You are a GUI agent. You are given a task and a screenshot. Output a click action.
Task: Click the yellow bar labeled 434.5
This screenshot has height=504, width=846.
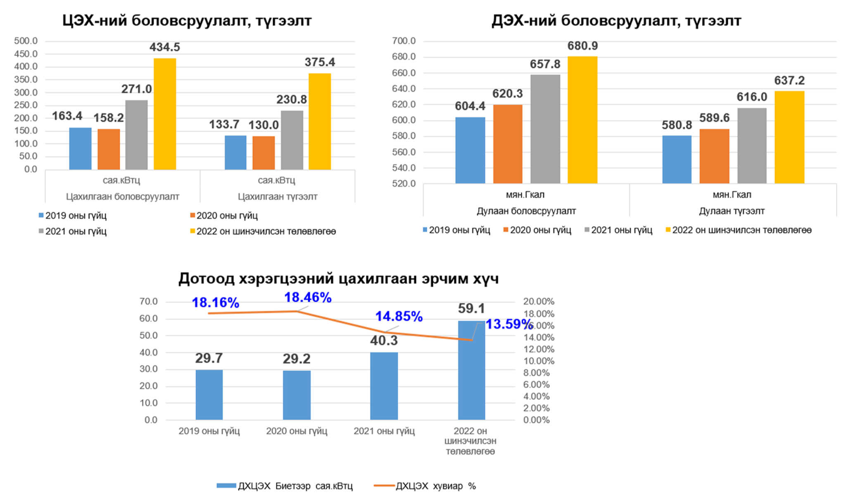[x=165, y=114]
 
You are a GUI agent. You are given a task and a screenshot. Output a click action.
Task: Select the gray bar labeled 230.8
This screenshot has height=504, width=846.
[x=292, y=140]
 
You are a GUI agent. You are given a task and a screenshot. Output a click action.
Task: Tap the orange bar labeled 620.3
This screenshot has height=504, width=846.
[x=508, y=144]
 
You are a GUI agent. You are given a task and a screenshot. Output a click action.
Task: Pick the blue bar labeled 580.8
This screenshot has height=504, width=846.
[x=677, y=159]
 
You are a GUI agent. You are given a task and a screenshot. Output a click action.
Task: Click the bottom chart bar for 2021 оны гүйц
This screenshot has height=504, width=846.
[x=384, y=386]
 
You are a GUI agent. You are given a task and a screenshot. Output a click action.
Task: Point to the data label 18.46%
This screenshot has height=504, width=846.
[x=308, y=298]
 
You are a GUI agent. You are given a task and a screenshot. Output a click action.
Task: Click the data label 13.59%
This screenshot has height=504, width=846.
[x=509, y=324]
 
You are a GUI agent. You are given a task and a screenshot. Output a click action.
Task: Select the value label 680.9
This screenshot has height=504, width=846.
[x=582, y=46]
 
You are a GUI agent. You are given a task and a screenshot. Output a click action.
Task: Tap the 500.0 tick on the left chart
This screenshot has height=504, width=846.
[x=26, y=41]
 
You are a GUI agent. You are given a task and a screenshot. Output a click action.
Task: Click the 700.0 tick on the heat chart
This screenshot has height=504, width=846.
[x=404, y=41]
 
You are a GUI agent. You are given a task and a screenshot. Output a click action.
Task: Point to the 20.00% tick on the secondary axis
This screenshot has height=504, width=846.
[x=539, y=302]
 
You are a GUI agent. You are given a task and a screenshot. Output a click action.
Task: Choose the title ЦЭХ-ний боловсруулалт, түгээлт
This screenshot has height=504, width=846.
[x=187, y=21]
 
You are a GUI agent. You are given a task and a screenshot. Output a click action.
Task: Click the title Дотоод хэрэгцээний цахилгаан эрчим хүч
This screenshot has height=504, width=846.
[x=338, y=279]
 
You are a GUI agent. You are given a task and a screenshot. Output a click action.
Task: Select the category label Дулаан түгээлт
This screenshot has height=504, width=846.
[x=732, y=211]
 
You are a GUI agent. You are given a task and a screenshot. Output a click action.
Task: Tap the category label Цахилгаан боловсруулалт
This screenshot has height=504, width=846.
[x=123, y=196]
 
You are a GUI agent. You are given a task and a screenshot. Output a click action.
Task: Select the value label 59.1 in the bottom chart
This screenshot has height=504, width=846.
[x=471, y=308]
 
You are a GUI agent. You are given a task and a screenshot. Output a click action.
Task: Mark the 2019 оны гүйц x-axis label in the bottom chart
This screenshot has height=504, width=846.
[x=209, y=431]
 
